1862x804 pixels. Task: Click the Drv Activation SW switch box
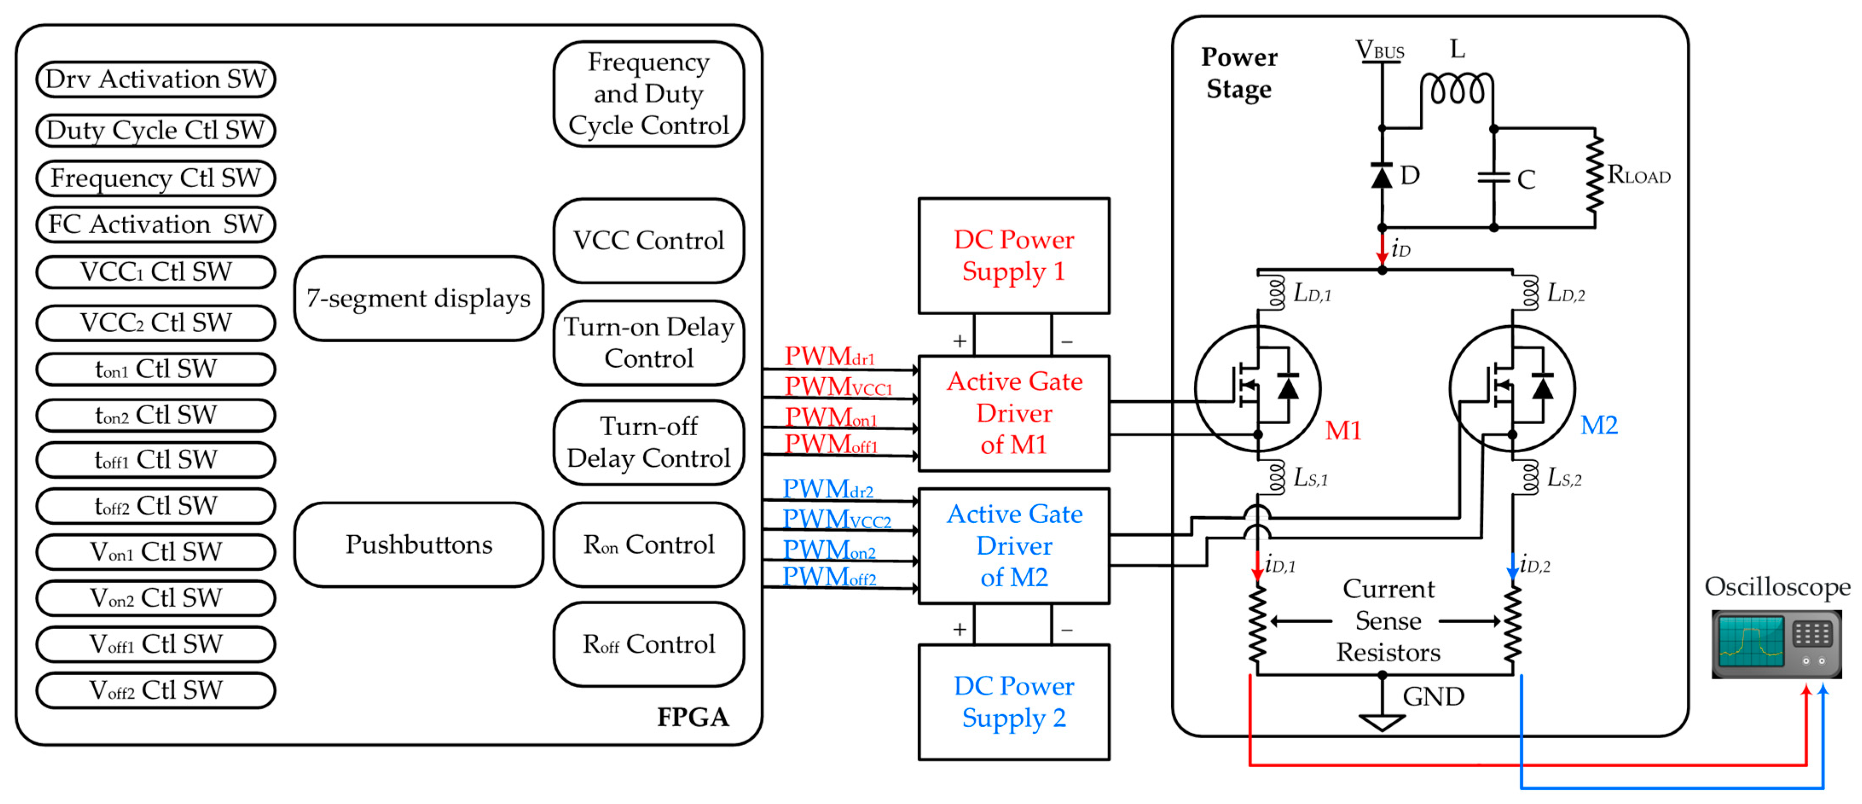point(155,79)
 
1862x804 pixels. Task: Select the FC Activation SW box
point(155,225)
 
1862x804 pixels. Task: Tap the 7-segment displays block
point(419,298)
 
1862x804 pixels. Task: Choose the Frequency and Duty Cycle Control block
point(649,94)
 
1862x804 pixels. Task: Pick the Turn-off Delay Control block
point(649,442)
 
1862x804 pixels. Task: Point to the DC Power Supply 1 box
point(1014,256)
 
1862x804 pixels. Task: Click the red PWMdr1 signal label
point(829,356)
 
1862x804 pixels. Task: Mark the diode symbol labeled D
point(1381,176)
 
